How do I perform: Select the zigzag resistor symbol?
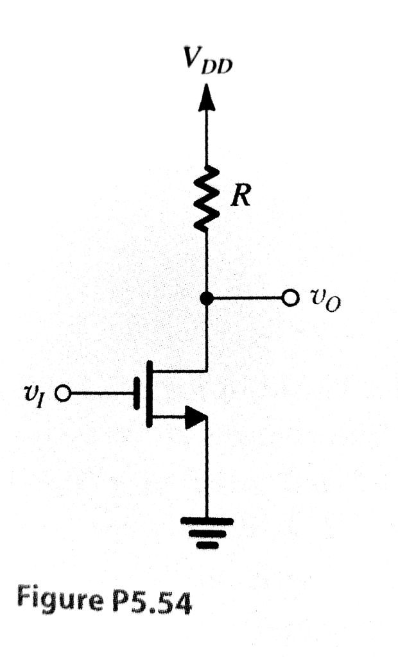(206, 198)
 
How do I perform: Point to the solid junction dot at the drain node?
(206, 298)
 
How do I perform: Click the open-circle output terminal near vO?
(292, 298)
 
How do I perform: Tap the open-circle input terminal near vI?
(64, 393)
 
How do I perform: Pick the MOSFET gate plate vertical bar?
(136, 393)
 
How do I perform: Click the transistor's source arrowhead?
(195, 418)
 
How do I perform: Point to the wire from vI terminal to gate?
(99, 393)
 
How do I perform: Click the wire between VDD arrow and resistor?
(206, 138)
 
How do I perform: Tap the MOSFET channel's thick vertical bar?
(149, 393)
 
